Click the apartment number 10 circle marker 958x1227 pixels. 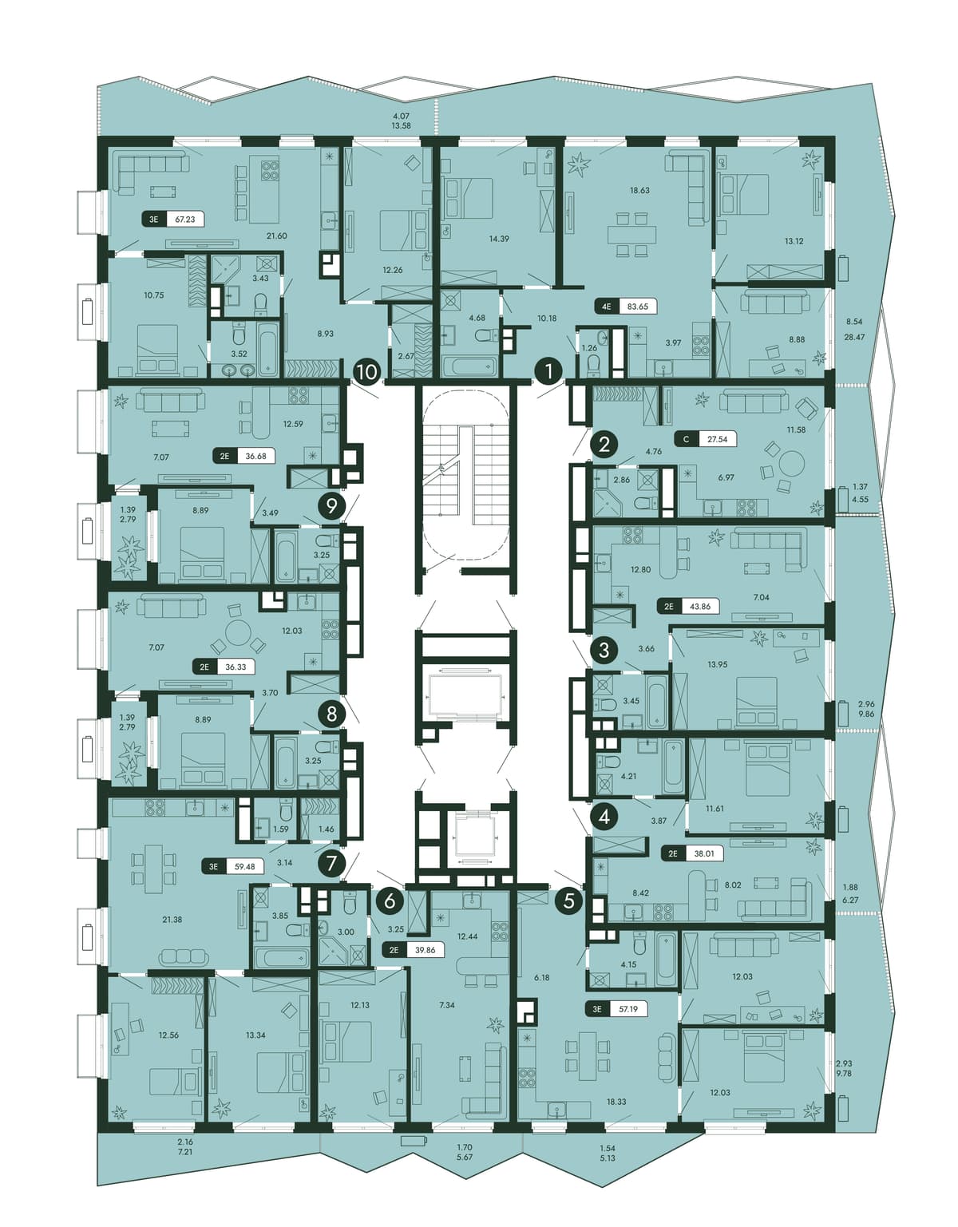click(367, 373)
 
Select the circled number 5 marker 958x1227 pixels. click(568, 900)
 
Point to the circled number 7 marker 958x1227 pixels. click(331, 862)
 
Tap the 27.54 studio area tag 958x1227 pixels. click(706, 439)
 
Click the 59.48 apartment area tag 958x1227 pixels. click(233, 866)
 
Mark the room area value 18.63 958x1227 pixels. click(639, 190)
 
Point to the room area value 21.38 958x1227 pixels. click(172, 920)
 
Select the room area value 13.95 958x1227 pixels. click(718, 665)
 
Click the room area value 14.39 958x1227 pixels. click(499, 239)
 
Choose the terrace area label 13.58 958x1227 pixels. click(402, 126)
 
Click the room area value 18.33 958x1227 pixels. click(616, 1102)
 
